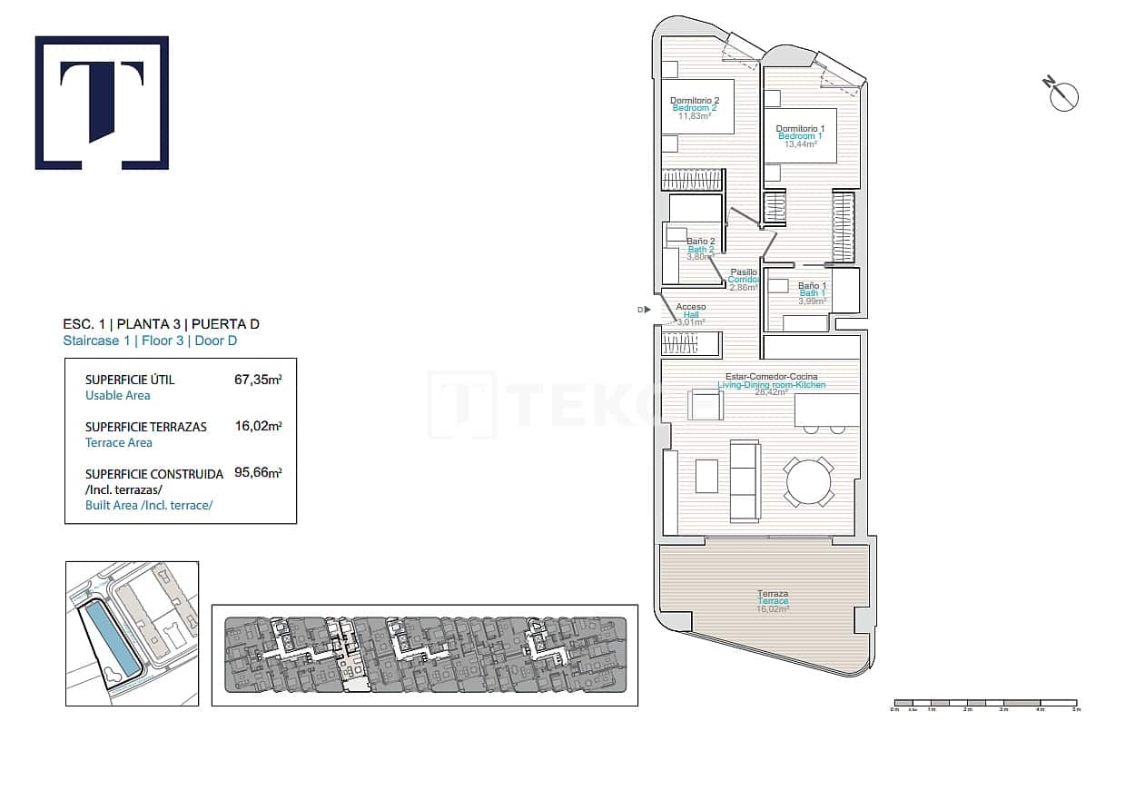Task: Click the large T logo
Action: tap(102, 103)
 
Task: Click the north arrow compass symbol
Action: tap(1061, 94)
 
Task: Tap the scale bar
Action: tap(985, 703)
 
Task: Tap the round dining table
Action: tap(808, 482)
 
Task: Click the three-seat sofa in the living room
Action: tap(745, 481)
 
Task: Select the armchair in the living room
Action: tap(706, 404)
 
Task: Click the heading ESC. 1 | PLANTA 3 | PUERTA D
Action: tap(167, 324)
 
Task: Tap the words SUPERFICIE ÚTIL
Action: tap(129, 380)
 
